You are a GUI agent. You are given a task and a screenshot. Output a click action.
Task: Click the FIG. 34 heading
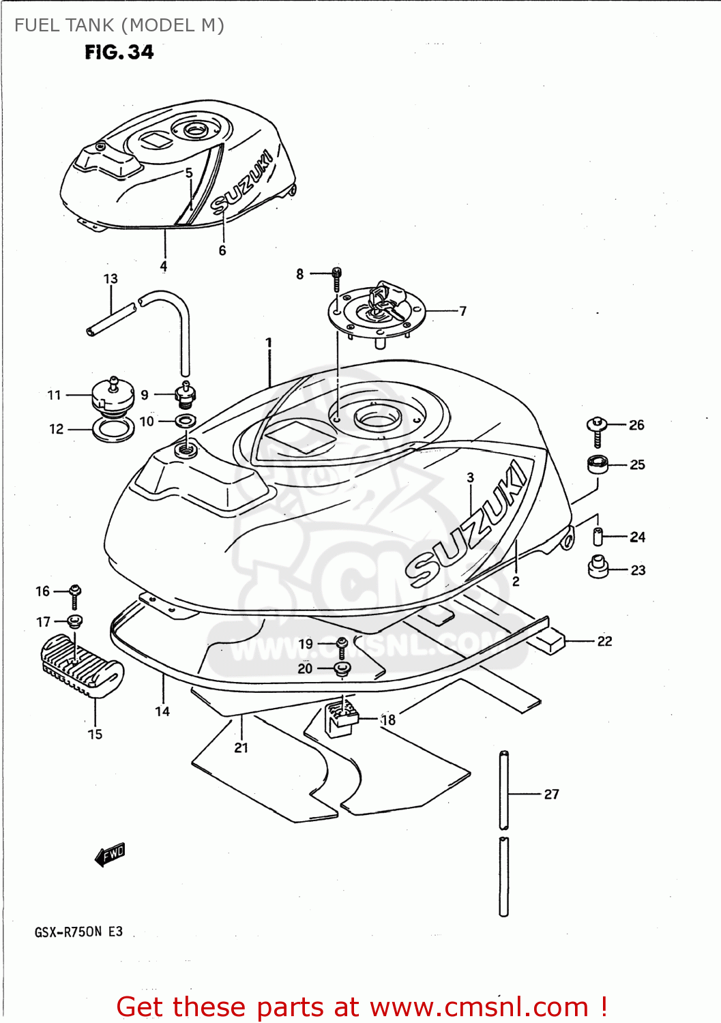point(119,53)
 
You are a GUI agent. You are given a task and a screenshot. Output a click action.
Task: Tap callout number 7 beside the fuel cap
point(462,311)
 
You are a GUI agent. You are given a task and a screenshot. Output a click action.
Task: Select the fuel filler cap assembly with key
point(377,310)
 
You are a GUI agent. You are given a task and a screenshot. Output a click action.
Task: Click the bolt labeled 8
point(336,278)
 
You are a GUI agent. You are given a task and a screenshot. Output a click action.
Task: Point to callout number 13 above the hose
point(111,279)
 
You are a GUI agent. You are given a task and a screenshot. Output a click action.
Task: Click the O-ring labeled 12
point(113,431)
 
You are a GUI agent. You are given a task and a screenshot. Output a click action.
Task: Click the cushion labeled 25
point(598,464)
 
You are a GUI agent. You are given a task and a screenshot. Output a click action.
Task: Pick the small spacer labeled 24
point(598,537)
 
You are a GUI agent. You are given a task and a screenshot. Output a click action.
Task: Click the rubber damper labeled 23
point(598,567)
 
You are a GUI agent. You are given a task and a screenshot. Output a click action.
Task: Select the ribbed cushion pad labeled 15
point(82,666)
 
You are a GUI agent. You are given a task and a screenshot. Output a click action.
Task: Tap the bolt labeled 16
point(75,595)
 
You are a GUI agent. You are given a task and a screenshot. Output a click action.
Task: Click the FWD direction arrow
point(110,854)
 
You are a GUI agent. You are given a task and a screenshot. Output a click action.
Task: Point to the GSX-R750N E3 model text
point(78,932)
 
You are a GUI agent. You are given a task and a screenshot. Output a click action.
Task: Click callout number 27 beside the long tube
point(551,794)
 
